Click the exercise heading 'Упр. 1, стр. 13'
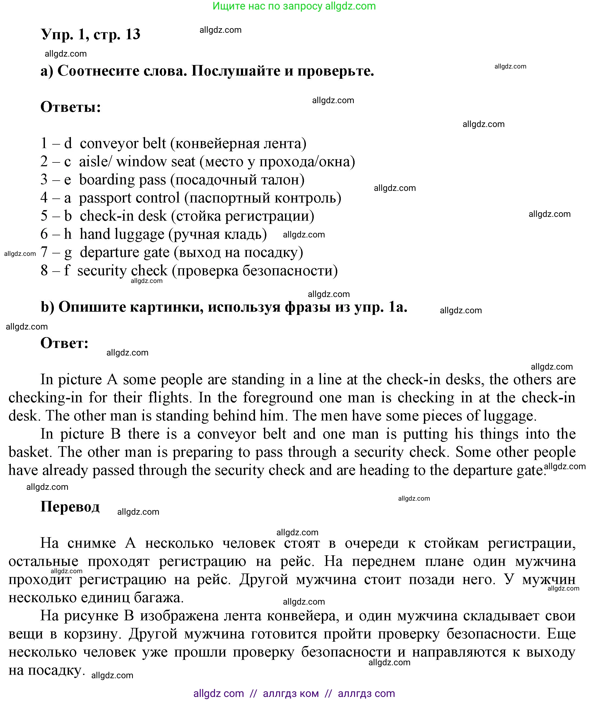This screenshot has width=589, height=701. click(90, 34)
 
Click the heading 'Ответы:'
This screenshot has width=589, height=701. click(70, 107)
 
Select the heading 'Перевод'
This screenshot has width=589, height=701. click(70, 507)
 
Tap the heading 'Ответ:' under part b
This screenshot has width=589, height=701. click(64, 343)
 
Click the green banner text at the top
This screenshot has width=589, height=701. click(294, 6)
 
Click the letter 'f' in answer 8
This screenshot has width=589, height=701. click(67, 270)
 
